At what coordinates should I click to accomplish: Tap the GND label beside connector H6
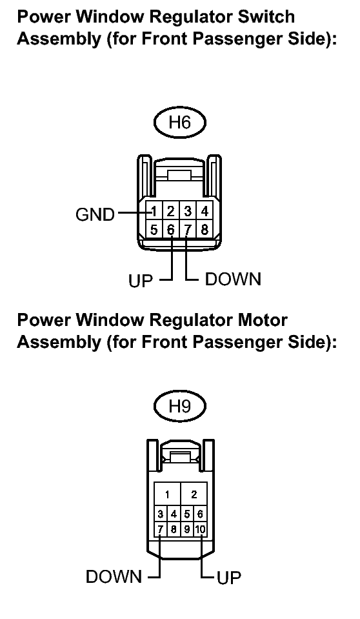click(95, 214)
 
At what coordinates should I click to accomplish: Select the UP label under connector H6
click(140, 281)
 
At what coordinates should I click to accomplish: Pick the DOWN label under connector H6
click(233, 279)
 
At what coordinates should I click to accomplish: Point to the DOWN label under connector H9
click(114, 577)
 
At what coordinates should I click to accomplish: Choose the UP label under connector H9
click(228, 578)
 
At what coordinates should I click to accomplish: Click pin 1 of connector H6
click(154, 212)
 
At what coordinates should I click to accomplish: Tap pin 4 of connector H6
click(205, 212)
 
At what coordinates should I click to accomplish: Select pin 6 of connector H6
click(170, 229)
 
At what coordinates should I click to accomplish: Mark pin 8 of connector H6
click(205, 229)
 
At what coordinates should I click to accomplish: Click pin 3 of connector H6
click(188, 212)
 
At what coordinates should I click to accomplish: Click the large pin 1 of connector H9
click(167, 494)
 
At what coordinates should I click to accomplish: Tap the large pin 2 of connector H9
click(194, 494)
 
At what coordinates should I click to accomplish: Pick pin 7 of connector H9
click(160, 529)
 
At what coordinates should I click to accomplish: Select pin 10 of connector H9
click(201, 529)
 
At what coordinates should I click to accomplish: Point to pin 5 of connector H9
click(187, 514)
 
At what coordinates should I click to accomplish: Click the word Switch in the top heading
click(266, 17)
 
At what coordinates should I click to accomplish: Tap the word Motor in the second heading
click(262, 320)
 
